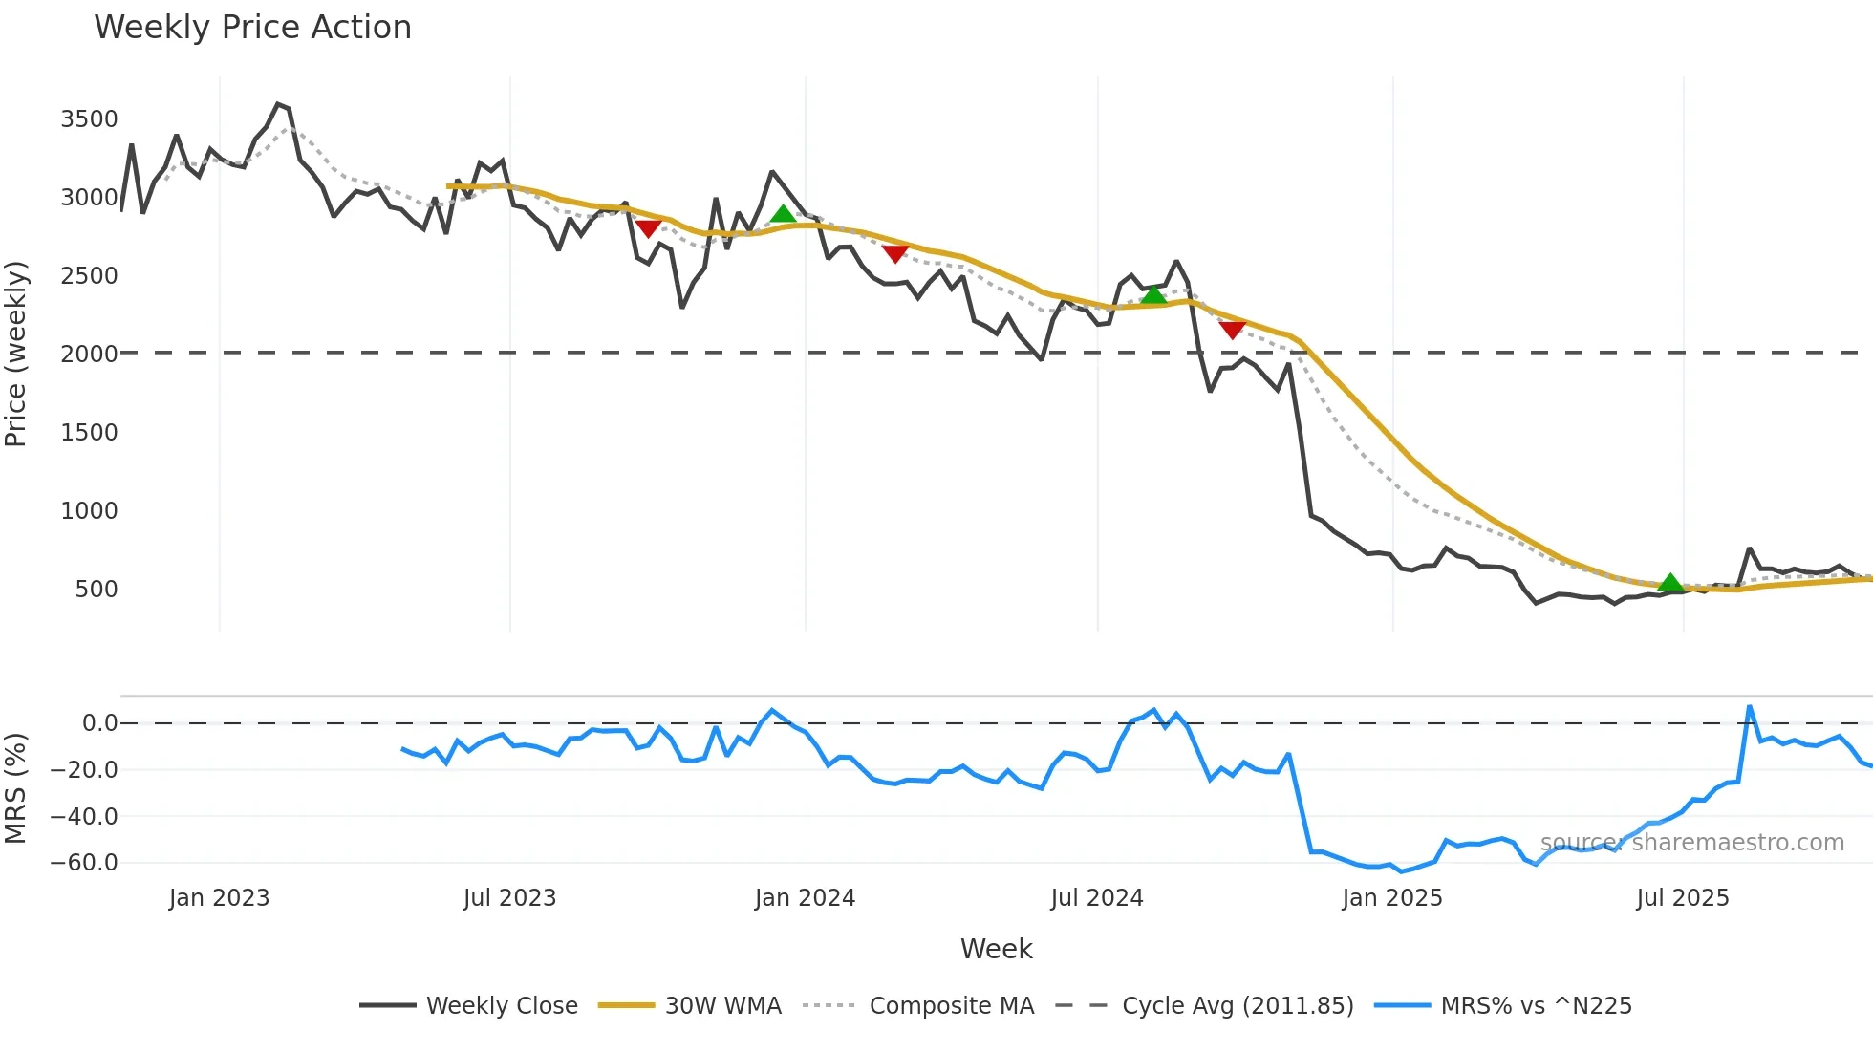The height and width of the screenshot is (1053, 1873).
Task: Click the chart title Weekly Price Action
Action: coord(252,28)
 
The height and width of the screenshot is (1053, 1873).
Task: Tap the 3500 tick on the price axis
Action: coord(89,119)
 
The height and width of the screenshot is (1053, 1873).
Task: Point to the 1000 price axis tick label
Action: coord(89,511)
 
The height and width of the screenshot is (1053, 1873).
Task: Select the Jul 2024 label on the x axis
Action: coord(1096,898)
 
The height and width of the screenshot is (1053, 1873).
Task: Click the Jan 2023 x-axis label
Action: coord(219,898)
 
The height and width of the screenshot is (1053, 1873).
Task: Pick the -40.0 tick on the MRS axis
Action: coord(84,817)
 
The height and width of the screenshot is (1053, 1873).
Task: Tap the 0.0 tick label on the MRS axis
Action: coord(99,723)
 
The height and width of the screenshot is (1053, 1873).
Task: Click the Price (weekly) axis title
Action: coord(16,354)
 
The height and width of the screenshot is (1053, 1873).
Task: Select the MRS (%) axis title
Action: coord(16,788)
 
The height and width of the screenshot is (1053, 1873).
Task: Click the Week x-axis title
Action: coord(996,949)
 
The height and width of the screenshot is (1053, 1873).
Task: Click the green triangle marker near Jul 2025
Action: coord(1670,582)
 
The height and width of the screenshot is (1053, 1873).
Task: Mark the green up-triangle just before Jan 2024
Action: coord(783,213)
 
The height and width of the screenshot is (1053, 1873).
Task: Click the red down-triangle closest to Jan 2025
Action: coord(1233,330)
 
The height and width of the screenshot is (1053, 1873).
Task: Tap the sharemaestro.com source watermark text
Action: coord(1691,843)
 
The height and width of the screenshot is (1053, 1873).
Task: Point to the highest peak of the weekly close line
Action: coord(278,103)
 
